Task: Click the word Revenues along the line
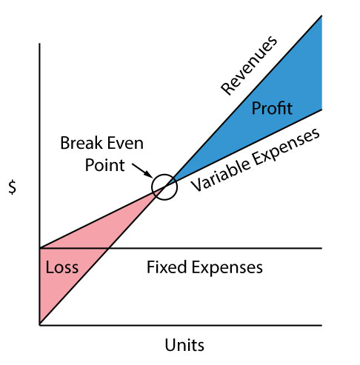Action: pos(249,65)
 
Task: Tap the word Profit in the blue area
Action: pos(272,108)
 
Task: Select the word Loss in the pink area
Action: pos(62,267)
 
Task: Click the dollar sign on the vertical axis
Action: pos(12,187)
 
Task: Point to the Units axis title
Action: pos(184,344)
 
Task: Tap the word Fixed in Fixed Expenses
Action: pos(167,267)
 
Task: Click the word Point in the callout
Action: pos(104,165)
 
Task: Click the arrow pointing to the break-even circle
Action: pos(142,170)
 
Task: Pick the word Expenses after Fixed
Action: pos(227,267)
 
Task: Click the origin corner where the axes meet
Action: pos(39,325)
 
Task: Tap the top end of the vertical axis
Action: pos(39,44)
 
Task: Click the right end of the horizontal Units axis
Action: pos(321,325)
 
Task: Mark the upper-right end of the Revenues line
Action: pos(321,16)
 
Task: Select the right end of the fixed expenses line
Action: pos(321,248)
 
